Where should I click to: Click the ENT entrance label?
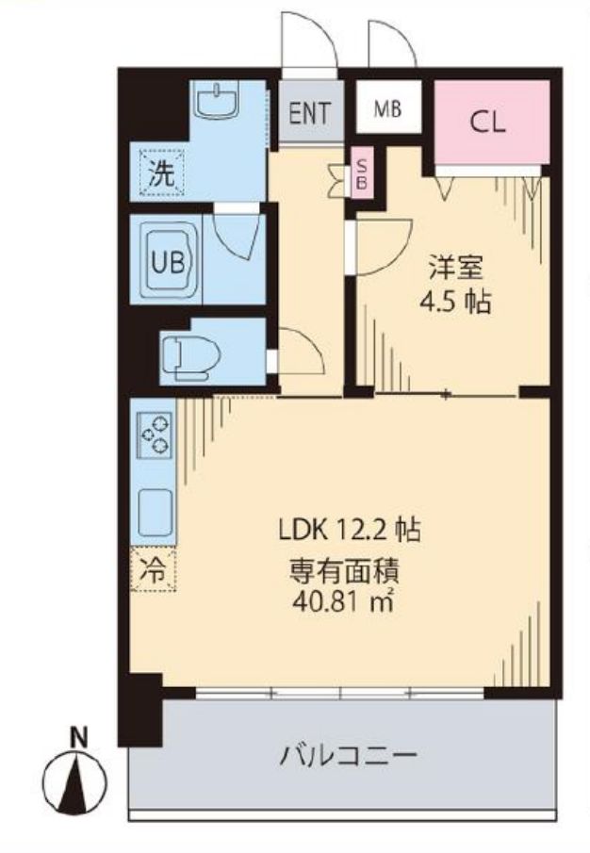[309, 114]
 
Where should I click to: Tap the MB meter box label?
[387, 109]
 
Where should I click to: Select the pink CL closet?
[489, 123]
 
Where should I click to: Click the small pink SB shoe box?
[362, 173]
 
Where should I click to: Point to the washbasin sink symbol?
[221, 99]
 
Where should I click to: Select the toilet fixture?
[191, 355]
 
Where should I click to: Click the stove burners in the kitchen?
[154, 435]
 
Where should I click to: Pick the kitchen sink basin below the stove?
[154, 513]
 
